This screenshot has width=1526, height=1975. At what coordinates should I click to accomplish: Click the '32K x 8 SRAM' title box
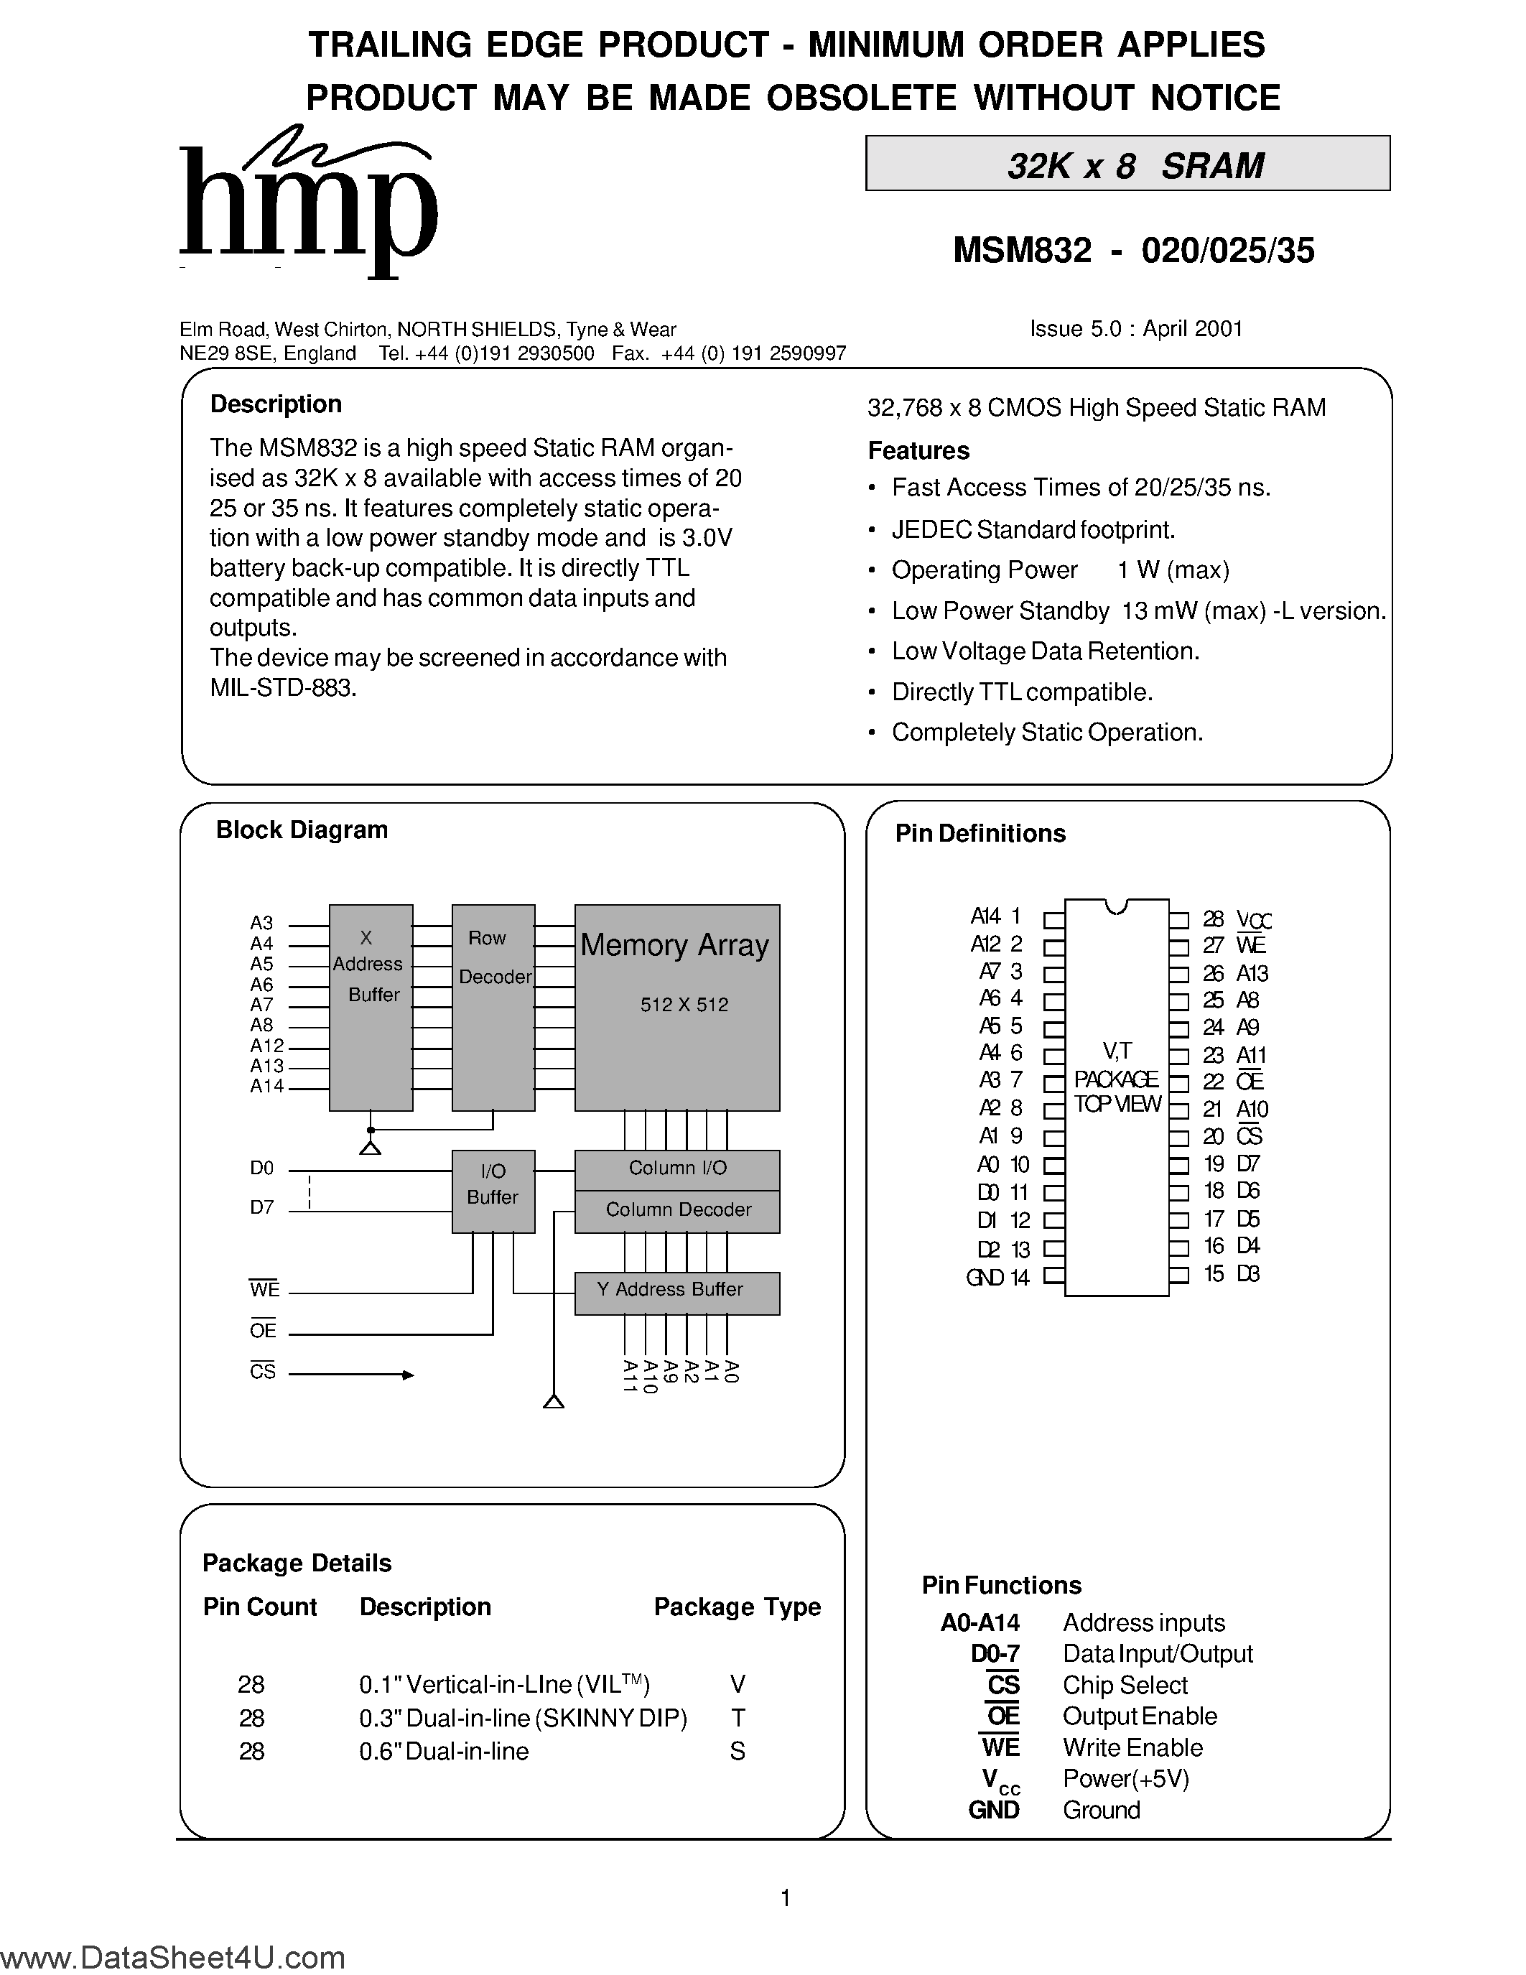[x=1127, y=164]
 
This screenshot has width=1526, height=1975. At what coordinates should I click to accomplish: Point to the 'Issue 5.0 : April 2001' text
[x=1135, y=328]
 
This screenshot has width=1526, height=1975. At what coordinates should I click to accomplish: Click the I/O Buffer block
[x=493, y=1190]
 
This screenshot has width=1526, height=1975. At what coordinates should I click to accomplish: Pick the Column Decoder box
[x=677, y=1211]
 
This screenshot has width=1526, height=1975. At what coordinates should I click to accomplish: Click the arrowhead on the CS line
[x=408, y=1375]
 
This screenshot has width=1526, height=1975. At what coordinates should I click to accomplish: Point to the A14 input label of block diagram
[x=266, y=1086]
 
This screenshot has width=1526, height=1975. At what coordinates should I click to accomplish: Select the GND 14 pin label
[x=997, y=1277]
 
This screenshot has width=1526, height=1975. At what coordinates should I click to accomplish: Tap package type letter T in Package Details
[x=738, y=1717]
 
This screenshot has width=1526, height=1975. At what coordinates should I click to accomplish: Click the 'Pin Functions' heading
[x=1001, y=1584]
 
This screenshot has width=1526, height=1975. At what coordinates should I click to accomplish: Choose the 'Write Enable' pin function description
[x=1132, y=1747]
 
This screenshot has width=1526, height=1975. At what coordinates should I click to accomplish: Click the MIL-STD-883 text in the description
[x=283, y=687]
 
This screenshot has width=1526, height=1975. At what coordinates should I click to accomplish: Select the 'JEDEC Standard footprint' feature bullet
[x=1033, y=529]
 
